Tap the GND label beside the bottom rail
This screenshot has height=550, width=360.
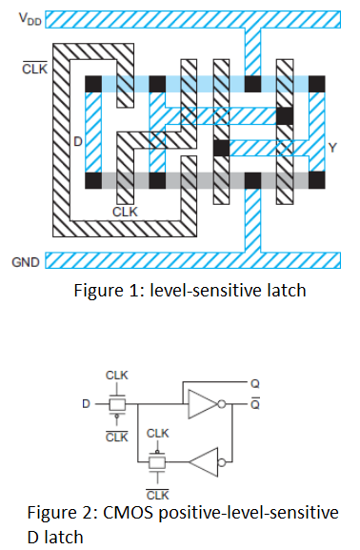click(25, 258)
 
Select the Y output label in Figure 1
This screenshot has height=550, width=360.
click(331, 147)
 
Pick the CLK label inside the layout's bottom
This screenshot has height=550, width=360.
click(125, 210)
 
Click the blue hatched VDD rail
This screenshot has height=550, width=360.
click(190, 19)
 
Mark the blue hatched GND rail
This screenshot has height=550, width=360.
click(190, 259)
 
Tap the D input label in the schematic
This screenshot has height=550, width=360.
click(85, 405)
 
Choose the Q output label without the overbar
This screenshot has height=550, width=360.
click(254, 383)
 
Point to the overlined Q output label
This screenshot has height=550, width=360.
click(254, 403)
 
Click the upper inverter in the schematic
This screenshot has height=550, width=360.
click(204, 404)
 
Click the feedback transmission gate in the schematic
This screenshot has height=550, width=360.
click(157, 464)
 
